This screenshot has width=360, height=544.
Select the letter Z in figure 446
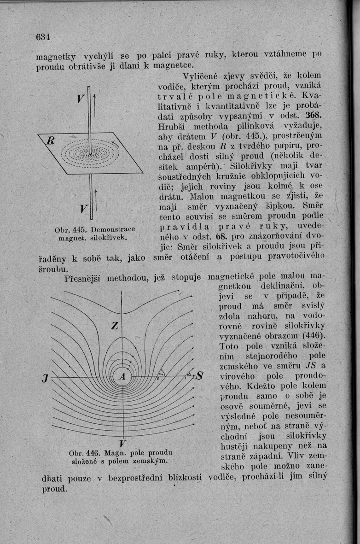pyautogui.click(x=115, y=326)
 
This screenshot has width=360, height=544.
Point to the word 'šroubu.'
pyautogui.click(x=52, y=268)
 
